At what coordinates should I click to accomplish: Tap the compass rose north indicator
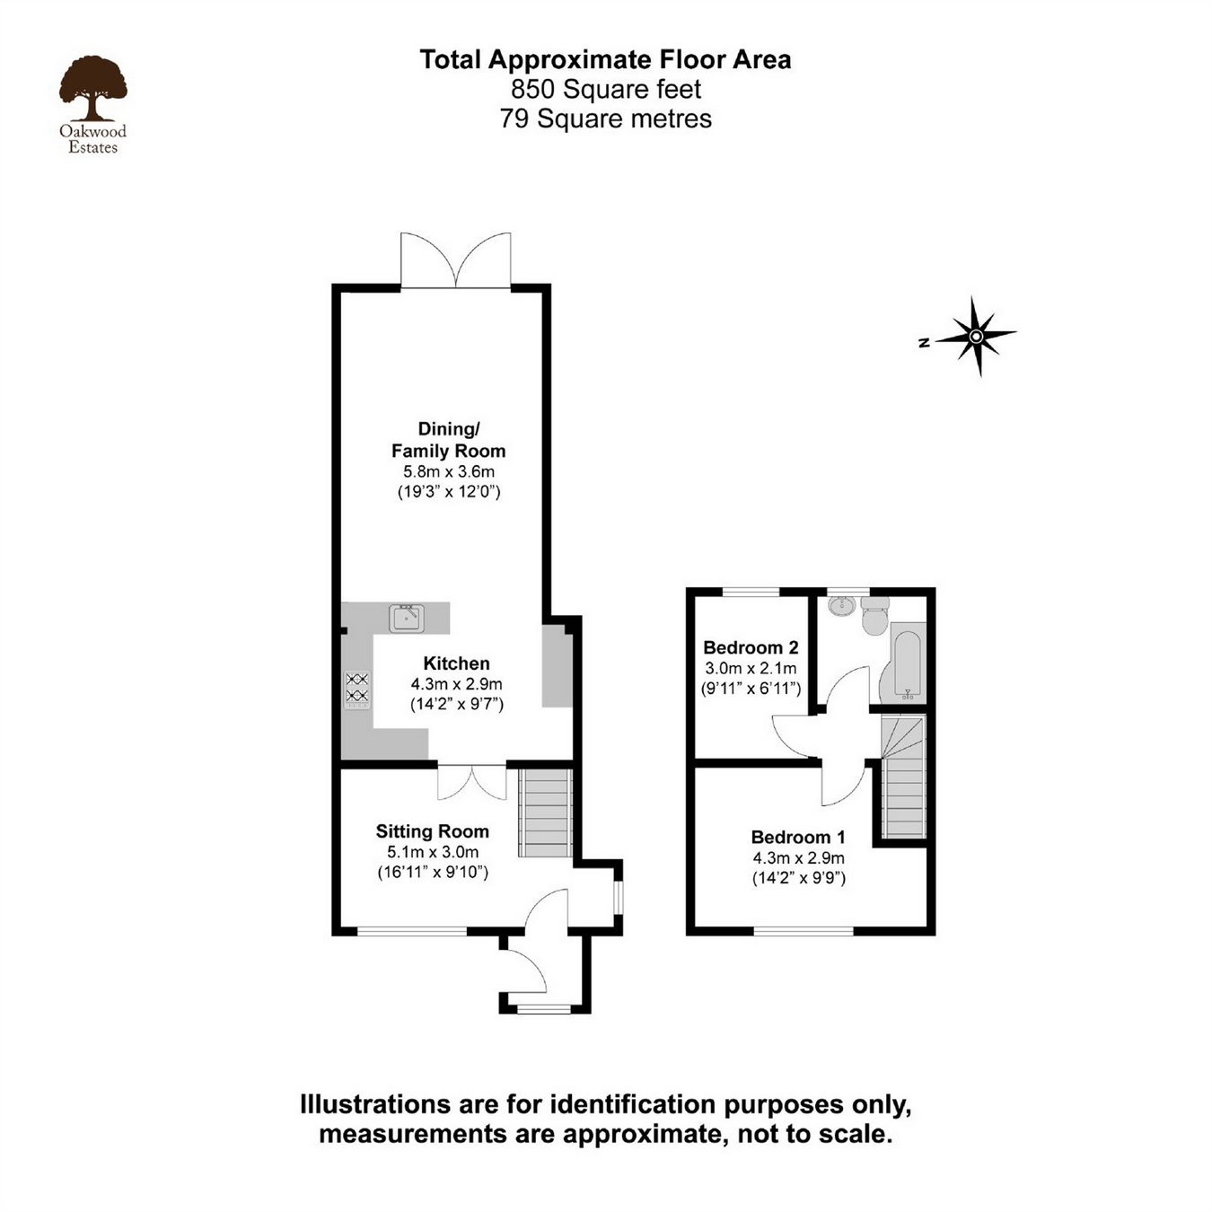(x=975, y=337)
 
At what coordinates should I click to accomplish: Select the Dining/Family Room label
(x=448, y=440)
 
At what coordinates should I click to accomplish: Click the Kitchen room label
(x=456, y=663)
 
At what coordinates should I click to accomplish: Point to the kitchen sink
(x=406, y=618)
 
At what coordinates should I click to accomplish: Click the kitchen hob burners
(x=357, y=688)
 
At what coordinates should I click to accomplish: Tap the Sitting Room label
(x=432, y=831)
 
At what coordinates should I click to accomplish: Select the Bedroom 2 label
(x=751, y=647)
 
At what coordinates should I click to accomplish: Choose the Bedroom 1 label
(x=797, y=837)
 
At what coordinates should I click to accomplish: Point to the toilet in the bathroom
(x=874, y=618)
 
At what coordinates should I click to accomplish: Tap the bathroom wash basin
(x=841, y=606)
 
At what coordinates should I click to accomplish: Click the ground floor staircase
(x=545, y=813)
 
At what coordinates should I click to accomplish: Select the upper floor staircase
(x=903, y=777)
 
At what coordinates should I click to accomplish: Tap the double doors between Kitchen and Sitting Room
(x=471, y=781)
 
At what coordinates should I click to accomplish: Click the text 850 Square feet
(x=606, y=89)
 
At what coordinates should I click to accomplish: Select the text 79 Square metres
(x=606, y=119)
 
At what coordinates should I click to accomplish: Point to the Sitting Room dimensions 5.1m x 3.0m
(x=432, y=852)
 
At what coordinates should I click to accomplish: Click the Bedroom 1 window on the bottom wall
(x=804, y=931)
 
